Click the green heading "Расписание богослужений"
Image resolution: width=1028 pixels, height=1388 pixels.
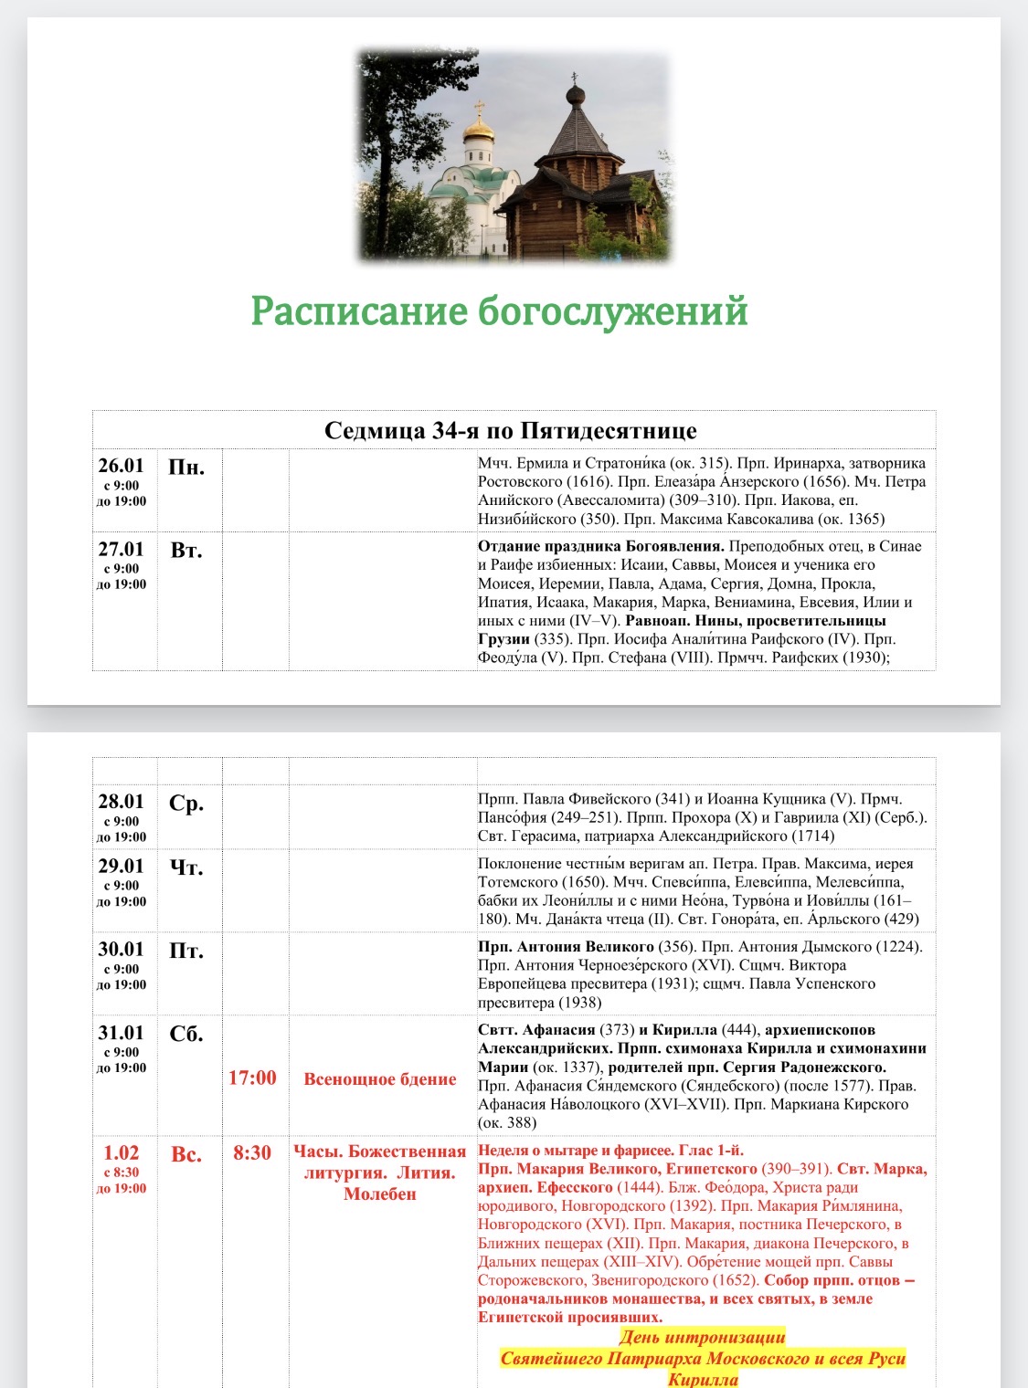click(499, 311)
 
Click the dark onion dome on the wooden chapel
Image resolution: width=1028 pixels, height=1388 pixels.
click(576, 94)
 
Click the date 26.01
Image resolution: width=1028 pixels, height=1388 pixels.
click(122, 466)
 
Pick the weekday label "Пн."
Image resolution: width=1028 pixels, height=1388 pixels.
click(186, 468)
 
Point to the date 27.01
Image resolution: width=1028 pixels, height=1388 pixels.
click(122, 549)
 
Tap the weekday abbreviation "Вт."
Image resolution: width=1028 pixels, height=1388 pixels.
click(186, 551)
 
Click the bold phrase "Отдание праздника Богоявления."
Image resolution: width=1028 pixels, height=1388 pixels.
click(600, 546)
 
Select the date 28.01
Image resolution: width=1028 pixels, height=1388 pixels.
click(122, 802)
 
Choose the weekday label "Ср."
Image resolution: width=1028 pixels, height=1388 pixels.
click(186, 804)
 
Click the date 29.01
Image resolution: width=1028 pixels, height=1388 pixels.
click(122, 866)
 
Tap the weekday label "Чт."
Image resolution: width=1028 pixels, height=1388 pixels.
click(186, 867)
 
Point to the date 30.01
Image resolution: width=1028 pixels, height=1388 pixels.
click(122, 950)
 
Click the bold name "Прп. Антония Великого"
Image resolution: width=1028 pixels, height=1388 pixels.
click(566, 947)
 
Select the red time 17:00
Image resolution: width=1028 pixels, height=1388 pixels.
click(252, 1078)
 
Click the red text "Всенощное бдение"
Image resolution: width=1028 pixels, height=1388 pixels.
click(380, 1079)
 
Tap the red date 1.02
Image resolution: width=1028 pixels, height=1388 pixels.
click(122, 1153)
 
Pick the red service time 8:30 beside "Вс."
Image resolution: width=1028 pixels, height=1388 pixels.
click(252, 1153)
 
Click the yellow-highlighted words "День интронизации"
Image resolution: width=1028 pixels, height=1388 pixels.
click(702, 1338)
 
